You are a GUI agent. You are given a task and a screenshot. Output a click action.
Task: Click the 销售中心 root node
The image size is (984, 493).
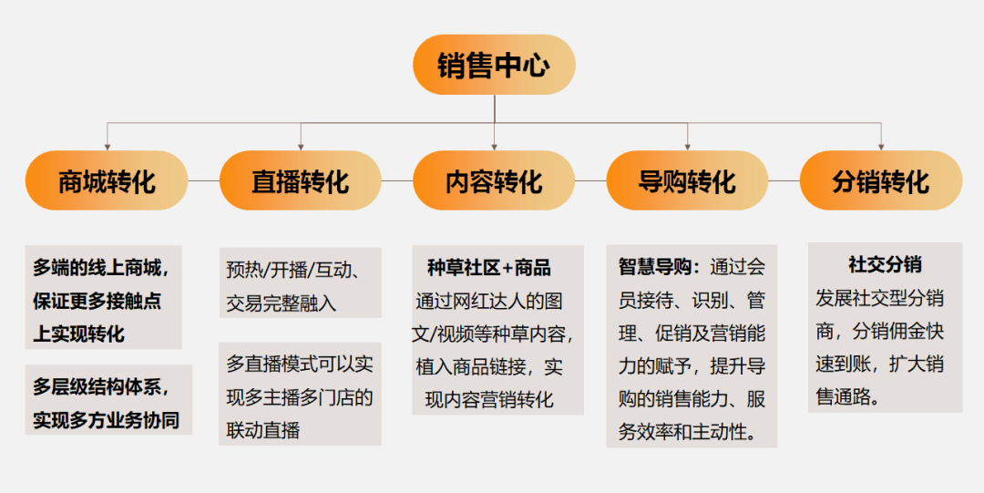(494, 66)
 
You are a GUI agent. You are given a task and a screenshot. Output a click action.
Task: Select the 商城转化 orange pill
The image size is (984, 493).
(107, 180)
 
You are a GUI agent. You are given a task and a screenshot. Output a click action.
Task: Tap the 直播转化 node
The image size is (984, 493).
(300, 180)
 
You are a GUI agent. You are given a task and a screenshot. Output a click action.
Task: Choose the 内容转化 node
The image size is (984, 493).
(494, 180)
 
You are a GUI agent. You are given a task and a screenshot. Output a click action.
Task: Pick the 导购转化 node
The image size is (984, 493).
(687, 180)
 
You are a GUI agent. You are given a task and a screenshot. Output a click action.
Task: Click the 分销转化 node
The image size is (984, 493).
(880, 180)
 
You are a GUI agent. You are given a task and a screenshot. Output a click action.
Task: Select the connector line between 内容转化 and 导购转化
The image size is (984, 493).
(590, 180)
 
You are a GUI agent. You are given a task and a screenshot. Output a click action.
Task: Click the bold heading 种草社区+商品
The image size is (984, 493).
(489, 268)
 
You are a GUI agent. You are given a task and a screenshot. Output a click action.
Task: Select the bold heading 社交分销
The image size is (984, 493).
(885, 265)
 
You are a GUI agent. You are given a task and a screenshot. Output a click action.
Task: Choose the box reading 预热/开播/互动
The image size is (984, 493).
(300, 284)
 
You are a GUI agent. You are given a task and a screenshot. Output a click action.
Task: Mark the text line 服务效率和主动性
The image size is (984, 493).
(689, 431)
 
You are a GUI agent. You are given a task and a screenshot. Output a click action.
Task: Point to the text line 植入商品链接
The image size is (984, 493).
(490, 368)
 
